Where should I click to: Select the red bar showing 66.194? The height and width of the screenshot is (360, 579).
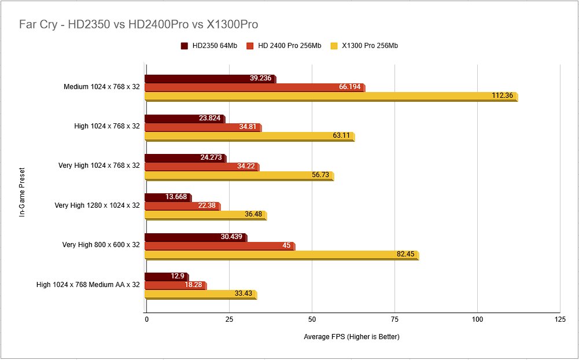(255, 87)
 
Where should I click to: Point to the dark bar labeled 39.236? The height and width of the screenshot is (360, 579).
(209, 79)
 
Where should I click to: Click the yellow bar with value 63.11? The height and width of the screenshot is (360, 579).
(249, 136)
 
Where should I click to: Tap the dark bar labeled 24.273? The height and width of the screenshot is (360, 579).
(185, 158)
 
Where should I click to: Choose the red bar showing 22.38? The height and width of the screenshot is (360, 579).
(182, 206)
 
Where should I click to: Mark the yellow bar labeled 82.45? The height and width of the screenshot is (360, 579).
(281, 255)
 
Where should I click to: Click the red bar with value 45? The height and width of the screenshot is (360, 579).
(219, 246)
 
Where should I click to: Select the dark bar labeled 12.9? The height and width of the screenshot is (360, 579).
(165, 277)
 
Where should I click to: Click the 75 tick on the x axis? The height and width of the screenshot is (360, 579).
(394, 319)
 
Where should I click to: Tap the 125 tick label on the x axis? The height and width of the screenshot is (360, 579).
(559, 319)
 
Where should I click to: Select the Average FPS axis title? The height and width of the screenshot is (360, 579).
(352, 337)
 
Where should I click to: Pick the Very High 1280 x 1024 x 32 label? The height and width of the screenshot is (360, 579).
(97, 205)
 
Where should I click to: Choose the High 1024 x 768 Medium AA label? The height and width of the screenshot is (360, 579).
(88, 285)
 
